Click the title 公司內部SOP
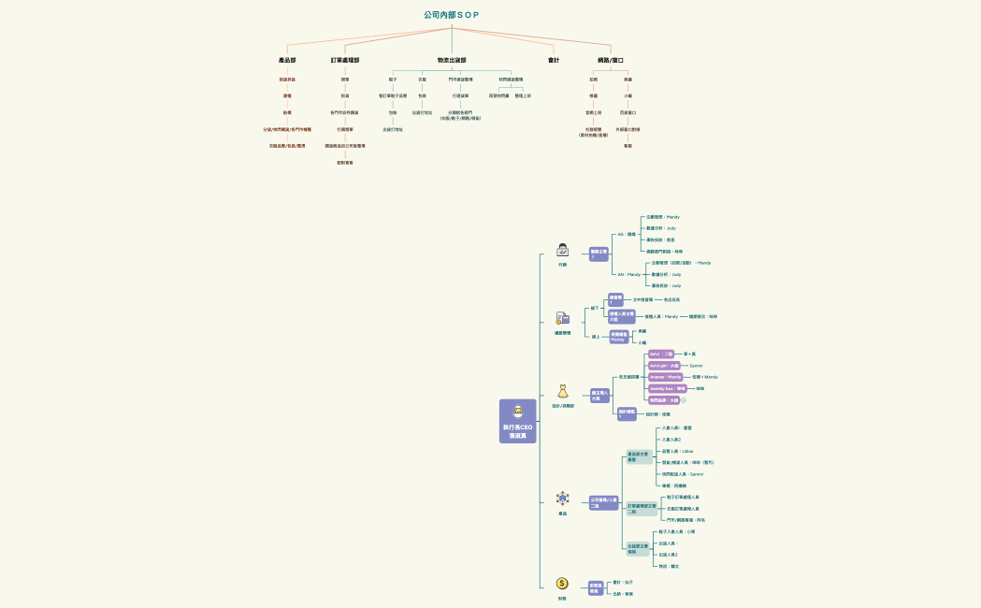click(452, 15)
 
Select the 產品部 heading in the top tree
click(287, 60)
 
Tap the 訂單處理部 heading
click(345, 60)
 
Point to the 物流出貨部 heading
click(452, 60)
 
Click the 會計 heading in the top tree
click(554, 60)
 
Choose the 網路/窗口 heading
click(611, 60)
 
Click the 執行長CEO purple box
click(518, 421)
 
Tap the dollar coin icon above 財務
click(562, 584)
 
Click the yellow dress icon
click(563, 391)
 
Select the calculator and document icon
click(562, 318)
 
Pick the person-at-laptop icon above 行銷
click(563, 250)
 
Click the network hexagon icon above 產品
click(562, 499)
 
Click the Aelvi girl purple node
click(664, 366)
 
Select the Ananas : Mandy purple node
click(666, 377)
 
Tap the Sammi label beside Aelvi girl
click(696, 366)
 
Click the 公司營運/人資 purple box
click(604, 503)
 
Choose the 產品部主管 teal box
click(639, 456)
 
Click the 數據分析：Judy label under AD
click(661, 228)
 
